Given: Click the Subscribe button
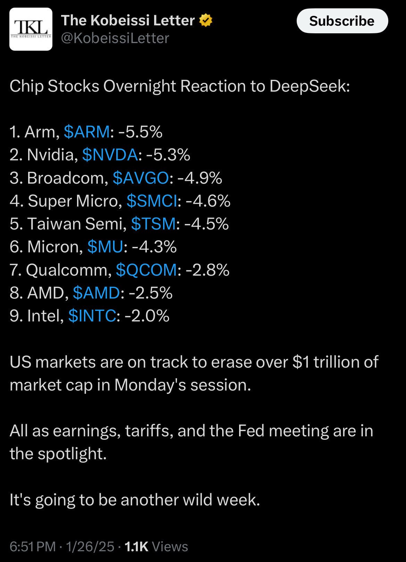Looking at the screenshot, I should (342, 21).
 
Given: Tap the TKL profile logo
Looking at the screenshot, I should (31, 29).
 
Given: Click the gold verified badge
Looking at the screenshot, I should (206, 20).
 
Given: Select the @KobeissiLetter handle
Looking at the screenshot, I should (115, 38).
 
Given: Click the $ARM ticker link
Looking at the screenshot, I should (87, 132).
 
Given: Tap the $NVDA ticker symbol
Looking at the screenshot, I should (110, 155).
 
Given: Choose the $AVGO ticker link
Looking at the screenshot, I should (141, 178).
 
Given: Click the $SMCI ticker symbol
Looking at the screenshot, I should (152, 201).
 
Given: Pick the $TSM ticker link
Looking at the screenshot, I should (153, 224).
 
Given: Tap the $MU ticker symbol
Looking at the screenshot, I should (105, 247).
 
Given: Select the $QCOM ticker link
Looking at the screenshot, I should (146, 270).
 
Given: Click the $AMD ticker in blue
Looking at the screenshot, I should (96, 293).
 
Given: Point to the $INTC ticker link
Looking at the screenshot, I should (92, 316).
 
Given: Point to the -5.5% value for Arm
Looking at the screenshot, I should (140, 132).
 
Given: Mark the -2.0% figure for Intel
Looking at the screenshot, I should (147, 316).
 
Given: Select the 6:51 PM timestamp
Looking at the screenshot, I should (33, 547).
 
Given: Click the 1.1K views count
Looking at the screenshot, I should (136, 547).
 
